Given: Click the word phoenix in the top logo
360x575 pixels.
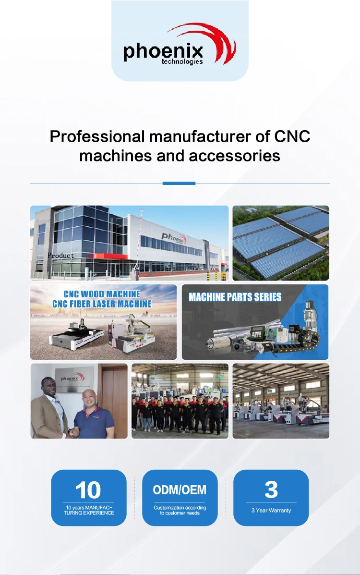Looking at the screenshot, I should (x=163, y=51).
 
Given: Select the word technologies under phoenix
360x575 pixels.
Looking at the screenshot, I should (x=182, y=62).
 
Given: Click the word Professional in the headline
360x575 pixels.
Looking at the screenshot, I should (x=97, y=136).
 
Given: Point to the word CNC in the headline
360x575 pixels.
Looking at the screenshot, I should (x=292, y=136).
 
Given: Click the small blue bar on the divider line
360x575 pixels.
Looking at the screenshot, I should (x=179, y=183).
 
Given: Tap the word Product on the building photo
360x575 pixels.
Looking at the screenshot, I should (x=60, y=256).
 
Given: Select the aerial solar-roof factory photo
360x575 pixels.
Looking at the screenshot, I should (x=281, y=243).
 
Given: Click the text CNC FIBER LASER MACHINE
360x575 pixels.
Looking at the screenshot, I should (x=102, y=304).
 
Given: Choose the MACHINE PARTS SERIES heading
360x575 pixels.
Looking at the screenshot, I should (x=235, y=297).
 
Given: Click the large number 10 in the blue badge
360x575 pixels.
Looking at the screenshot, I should (x=88, y=490).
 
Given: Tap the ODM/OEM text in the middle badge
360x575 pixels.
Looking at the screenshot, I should (x=180, y=490).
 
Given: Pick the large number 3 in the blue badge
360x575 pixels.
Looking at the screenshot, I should (x=271, y=489).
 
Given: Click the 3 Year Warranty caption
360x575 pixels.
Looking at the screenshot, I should (x=271, y=510).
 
